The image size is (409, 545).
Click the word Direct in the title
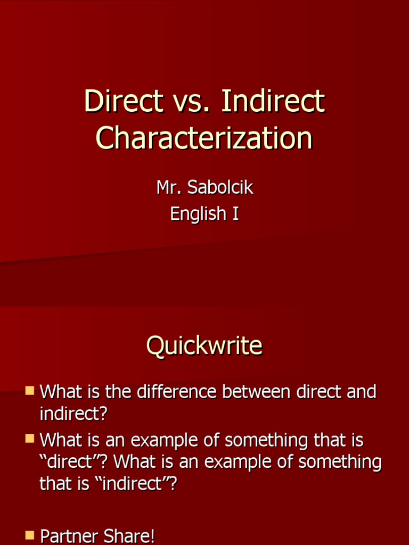pos(123,101)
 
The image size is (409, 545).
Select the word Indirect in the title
pos(272,101)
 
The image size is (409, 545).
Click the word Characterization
pos(204,138)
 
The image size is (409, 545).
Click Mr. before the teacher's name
pos(169,187)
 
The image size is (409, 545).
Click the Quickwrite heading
pos(204,346)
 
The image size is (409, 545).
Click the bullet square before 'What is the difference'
pos(30,392)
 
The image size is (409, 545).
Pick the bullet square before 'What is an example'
pos(30,440)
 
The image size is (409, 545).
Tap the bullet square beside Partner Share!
pos(30,535)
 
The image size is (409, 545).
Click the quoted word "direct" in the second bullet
pos(69,462)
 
